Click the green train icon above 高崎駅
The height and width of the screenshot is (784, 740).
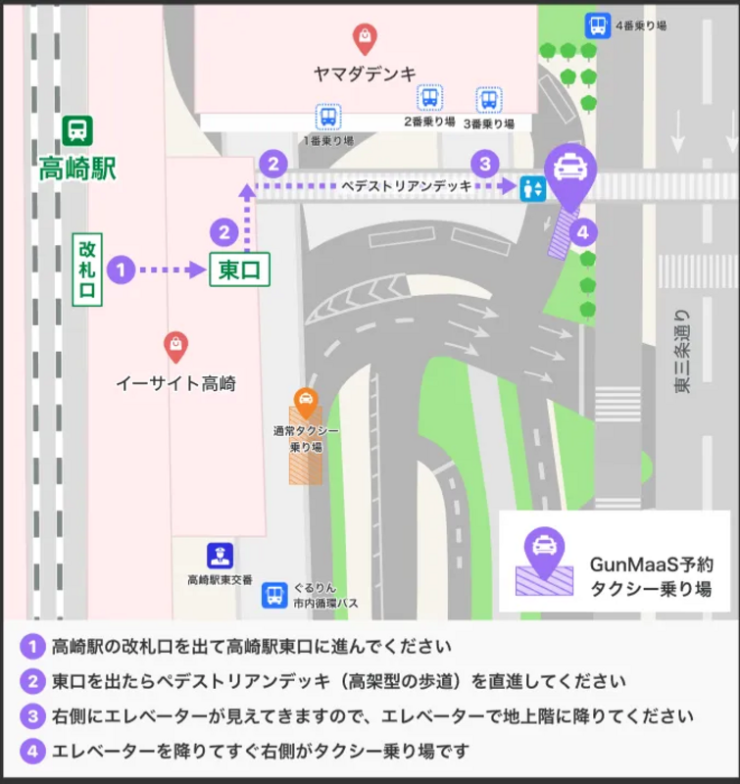click(77, 130)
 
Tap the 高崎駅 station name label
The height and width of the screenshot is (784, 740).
click(77, 168)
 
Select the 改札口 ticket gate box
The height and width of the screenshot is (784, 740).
click(87, 267)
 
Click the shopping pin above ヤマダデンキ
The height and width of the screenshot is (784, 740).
click(365, 38)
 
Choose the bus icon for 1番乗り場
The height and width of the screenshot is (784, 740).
click(328, 118)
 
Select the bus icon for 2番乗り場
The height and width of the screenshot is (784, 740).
click(429, 97)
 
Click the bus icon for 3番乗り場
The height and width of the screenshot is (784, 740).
click(488, 99)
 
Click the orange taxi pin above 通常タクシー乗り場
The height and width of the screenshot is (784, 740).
click(306, 400)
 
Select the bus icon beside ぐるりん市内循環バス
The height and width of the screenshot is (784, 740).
click(275, 595)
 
